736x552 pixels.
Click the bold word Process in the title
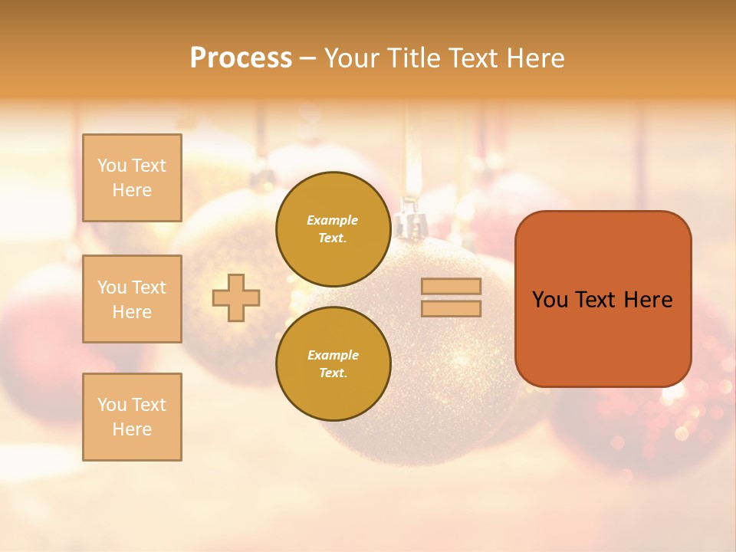241,58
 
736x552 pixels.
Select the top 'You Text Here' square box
132,178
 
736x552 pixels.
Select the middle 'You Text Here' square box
132,299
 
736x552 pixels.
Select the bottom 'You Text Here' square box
132,416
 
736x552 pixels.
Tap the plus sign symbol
236,297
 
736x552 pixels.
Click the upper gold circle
333,228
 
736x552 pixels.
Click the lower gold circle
333,363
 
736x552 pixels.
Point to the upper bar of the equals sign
451,286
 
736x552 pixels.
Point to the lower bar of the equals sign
451,308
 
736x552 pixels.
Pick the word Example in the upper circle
333,220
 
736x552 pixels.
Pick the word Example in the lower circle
333,355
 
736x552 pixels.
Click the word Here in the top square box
132,190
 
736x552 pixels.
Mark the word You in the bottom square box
112,404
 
